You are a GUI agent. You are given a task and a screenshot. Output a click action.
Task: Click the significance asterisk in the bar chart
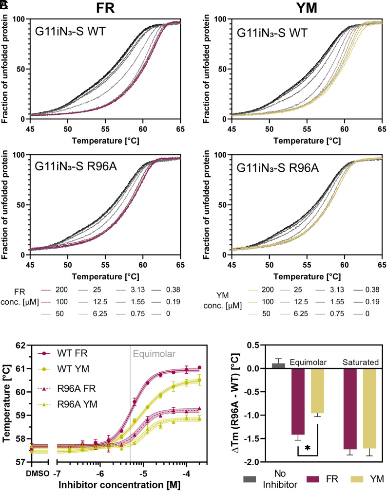[308, 447]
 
